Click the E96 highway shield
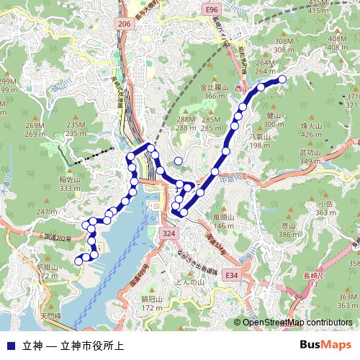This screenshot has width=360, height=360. point(211,10)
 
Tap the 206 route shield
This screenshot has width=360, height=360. point(124,24)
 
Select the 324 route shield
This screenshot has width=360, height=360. point(168,234)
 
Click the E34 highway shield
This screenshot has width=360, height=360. point(230,276)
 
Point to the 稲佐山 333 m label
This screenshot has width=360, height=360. point(70,184)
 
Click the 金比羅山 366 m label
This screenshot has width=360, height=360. point(215,91)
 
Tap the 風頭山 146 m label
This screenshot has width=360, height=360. point(224,221)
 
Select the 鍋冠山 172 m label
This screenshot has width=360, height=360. point(152,303)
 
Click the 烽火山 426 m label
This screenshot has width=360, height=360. point(311,130)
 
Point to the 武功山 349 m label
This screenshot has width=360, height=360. point(310,157)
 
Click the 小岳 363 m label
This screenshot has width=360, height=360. point(325,208)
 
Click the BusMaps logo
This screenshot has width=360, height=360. point(325,345)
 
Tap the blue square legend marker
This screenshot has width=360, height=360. point(10,345)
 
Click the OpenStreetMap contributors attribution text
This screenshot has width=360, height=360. point(297,323)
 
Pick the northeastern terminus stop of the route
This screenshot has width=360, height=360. point(282,79)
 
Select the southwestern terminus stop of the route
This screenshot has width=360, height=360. point(78,260)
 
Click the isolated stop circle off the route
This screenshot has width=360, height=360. point(179,161)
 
